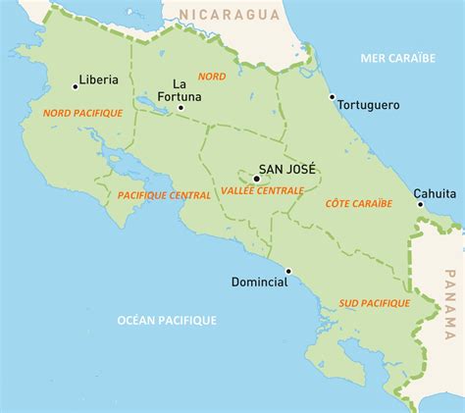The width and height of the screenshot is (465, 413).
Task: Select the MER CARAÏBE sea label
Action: pyautogui.click(x=396, y=58)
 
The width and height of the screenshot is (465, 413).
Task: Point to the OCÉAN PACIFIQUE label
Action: pyautogui.click(x=167, y=320)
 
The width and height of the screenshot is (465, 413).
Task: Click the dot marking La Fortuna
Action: pyautogui.click(x=181, y=108)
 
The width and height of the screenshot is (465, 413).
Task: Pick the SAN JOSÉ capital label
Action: pyautogui.click(x=285, y=168)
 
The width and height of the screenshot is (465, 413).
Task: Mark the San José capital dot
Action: pyautogui.click(x=256, y=179)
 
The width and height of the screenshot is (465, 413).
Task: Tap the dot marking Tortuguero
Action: pyautogui.click(x=334, y=99)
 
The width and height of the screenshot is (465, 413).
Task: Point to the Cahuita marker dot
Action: pyautogui.click(x=421, y=205)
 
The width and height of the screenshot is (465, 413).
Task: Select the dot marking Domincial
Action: pyautogui.click(x=288, y=271)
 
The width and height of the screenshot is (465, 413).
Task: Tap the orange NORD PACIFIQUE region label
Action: pyautogui.click(x=83, y=114)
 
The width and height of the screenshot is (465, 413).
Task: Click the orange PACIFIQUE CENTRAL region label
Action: pyautogui.click(x=163, y=195)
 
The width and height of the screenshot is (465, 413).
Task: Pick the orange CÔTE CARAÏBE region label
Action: pyautogui.click(x=358, y=203)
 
